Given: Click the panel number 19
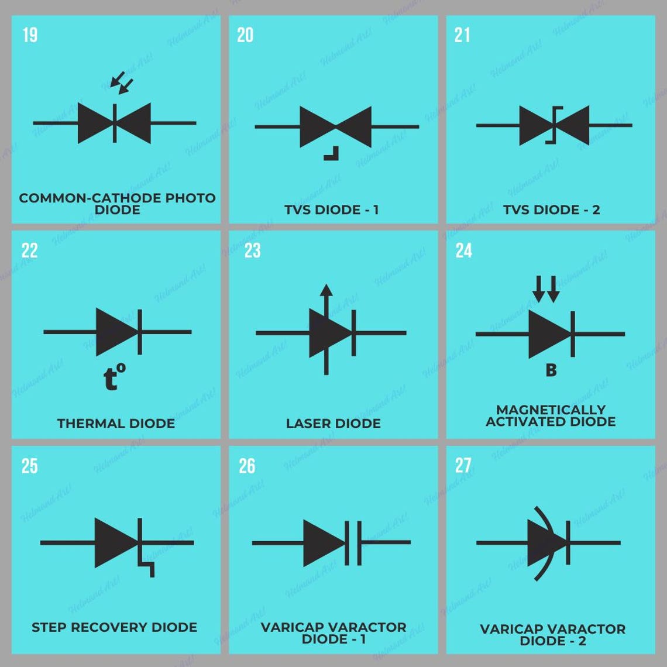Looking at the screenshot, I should coord(30,35).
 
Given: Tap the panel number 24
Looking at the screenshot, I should coord(463,250).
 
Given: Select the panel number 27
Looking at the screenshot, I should coord(463,466).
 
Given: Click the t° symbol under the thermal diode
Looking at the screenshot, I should coord(114,378).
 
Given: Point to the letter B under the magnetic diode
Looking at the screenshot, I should coord(551,370).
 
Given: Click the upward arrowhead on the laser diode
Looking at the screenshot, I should coord(326,290).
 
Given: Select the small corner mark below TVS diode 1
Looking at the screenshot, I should coord(331,154).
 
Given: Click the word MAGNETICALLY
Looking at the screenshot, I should coord(551,410).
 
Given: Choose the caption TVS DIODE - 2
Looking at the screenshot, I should coord(551,209).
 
